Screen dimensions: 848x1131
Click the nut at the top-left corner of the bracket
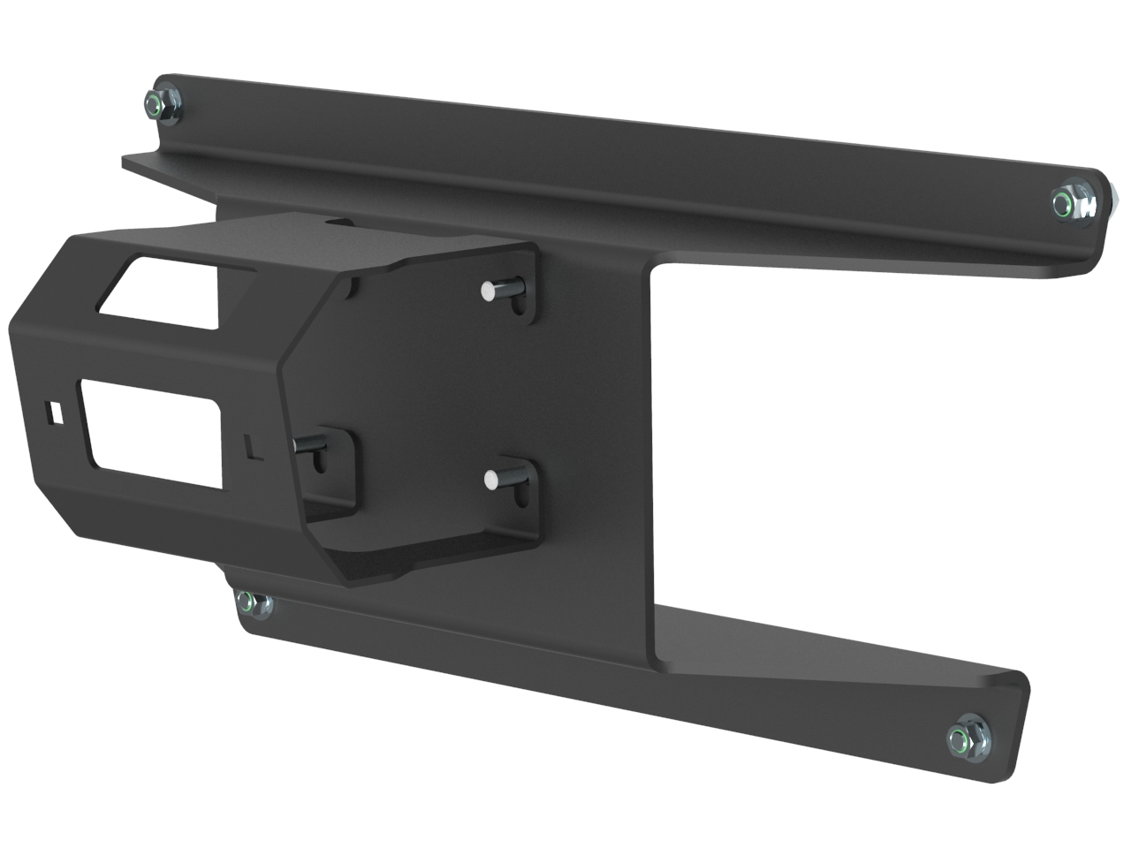(x=162, y=105)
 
